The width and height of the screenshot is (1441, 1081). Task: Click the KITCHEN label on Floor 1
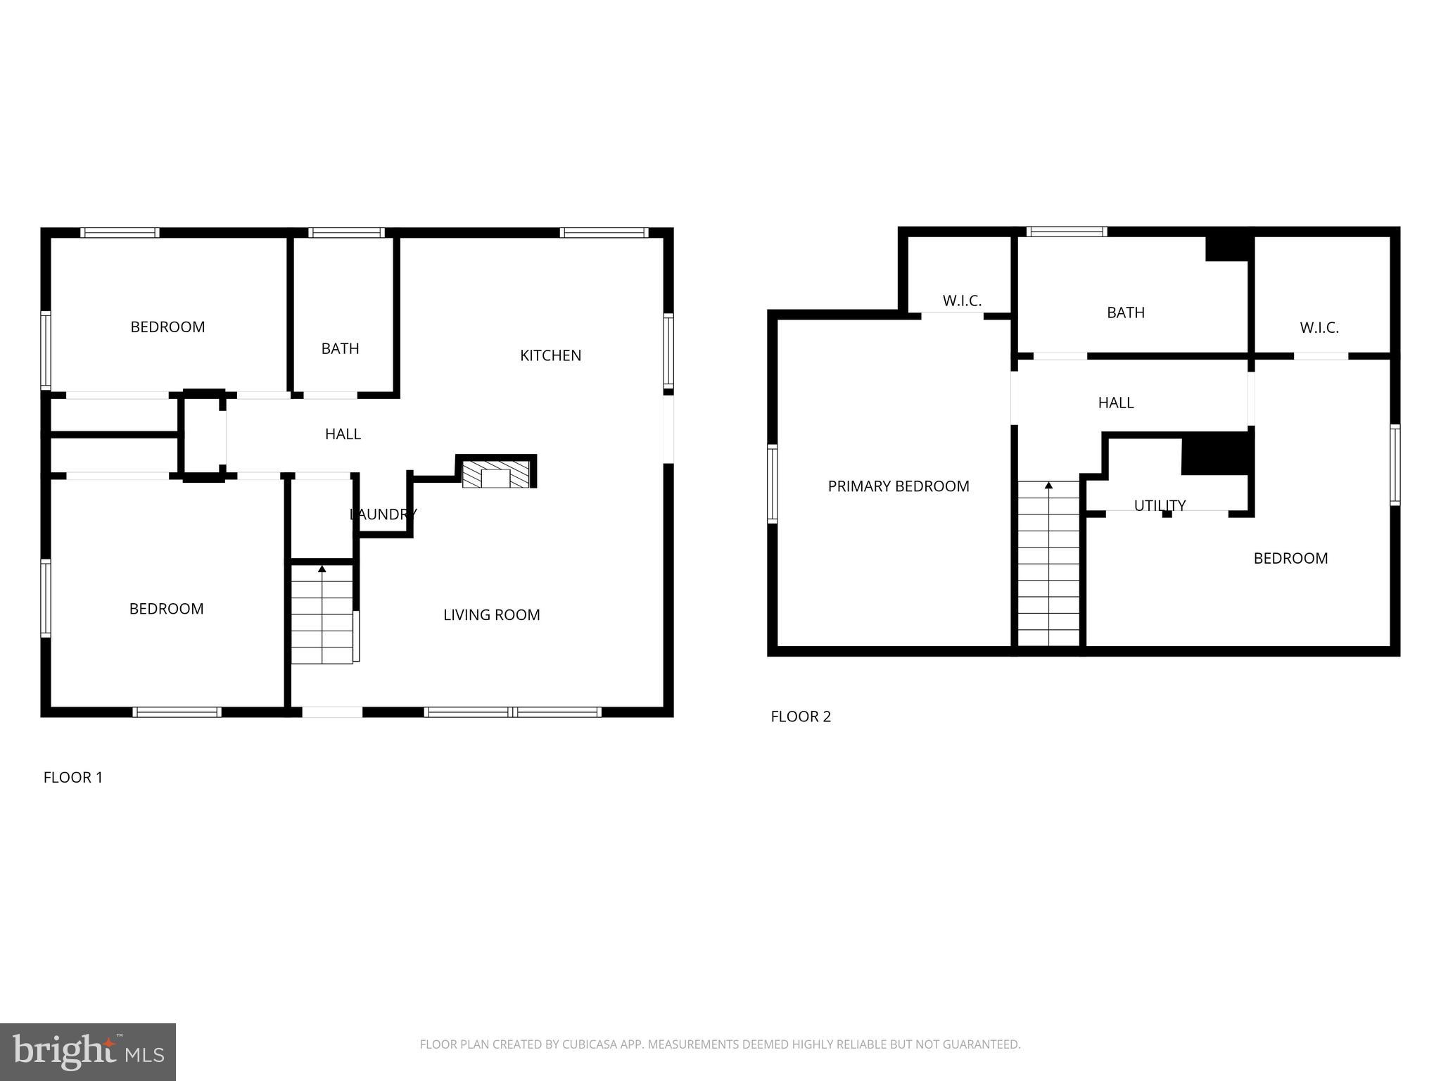[550, 355]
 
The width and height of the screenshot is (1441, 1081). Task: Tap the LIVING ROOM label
[491, 615]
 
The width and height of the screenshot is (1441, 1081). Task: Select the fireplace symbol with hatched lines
[496, 475]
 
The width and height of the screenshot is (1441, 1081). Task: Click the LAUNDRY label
[383, 514]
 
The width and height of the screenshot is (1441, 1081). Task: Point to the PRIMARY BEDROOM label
[898, 486]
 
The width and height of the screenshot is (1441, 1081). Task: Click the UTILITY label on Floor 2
[1160, 505]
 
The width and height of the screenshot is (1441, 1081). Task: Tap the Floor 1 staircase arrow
[322, 569]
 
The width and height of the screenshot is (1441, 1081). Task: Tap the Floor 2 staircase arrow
[1048, 486]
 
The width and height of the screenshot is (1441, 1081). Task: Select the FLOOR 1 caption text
[73, 778]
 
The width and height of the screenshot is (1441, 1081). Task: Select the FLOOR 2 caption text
[801, 716]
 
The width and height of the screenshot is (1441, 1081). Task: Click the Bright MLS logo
[87, 1052]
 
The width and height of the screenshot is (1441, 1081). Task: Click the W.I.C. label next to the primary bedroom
[962, 301]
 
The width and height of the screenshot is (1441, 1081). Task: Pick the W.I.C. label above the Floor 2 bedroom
[1319, 328]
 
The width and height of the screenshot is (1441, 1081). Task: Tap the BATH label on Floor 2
[1125, 313]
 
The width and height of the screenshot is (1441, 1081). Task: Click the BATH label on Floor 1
[340, 349]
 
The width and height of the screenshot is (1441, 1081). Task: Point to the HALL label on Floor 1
[343, 434]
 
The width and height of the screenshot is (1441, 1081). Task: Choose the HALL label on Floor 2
[1115, 403]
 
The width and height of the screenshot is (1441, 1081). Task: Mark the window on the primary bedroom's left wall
[772, 484]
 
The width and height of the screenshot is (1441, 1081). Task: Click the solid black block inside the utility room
[1216, 454]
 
